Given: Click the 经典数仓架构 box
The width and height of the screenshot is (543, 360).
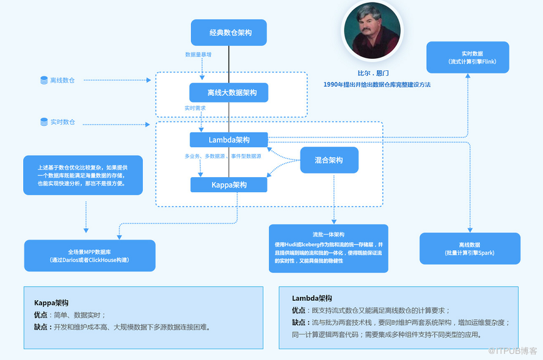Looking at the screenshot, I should [x=229, y=32].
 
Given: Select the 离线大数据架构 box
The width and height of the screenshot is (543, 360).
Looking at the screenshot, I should [x=229, y=93].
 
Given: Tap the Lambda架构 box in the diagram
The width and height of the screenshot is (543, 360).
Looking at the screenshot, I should [x=229, y=140].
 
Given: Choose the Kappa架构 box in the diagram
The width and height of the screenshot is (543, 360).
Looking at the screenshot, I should [x=229, y=185].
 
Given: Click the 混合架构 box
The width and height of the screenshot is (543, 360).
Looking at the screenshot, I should [x=329, y=160].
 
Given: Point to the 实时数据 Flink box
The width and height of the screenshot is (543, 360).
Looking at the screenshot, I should [x=467, y=57].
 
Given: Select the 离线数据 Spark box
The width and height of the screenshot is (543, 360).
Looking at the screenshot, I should [x=470, y=248].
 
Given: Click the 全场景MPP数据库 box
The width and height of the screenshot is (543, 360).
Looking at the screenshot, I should [x=90, y=255].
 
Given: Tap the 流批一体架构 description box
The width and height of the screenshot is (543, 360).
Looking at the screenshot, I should [x=329, y=248].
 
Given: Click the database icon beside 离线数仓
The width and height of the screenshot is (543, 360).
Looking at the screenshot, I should [x=44, y=80].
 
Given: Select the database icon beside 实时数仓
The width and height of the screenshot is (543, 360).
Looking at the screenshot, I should [x=44, y=122].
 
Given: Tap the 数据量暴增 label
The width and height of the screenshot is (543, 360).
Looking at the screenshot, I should [x=198, y=55].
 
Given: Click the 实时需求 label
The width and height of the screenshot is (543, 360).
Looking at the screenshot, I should [x=195, y=108].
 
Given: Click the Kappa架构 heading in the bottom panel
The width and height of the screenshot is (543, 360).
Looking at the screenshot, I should [x=51, y=303].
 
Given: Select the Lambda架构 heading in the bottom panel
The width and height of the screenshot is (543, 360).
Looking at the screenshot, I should [x=312, y=298].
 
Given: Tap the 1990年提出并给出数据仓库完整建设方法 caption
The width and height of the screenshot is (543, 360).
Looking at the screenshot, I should [x=377, y=84].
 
